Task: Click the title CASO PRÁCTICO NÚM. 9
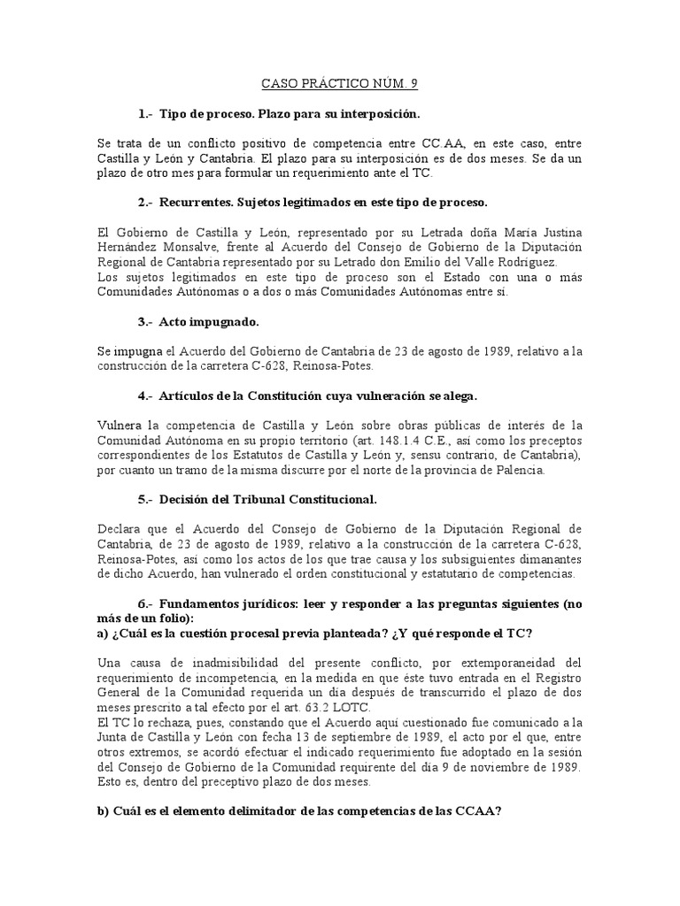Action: tap(339, 84)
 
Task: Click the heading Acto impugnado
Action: tap(209, 323)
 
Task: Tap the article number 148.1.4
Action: tap(404, 441)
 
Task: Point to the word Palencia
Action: tap(519, 471)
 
